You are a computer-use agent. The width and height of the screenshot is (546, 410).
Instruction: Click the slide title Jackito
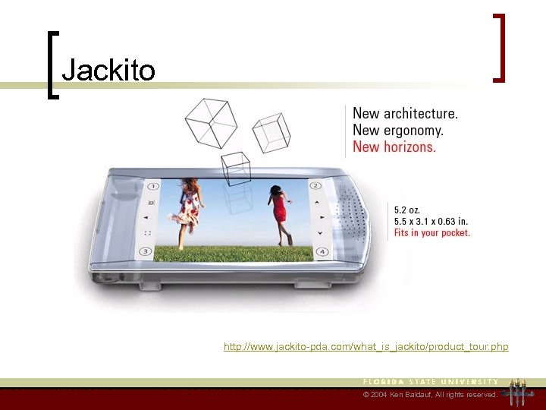108,71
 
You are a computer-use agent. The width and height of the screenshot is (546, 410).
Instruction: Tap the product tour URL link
366,347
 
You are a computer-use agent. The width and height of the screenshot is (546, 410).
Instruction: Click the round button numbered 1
152,186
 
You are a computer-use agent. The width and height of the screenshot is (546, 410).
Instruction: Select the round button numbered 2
315,186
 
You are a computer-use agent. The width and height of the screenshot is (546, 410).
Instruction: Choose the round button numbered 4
322,251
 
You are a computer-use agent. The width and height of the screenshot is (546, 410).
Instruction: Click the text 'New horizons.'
394,147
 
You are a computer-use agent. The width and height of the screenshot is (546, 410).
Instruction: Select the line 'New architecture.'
405,113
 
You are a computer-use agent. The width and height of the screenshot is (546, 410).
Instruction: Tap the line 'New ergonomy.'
398,130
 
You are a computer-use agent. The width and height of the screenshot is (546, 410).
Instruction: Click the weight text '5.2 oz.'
406,209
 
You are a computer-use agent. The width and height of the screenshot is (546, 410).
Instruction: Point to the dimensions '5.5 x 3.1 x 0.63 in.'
431,221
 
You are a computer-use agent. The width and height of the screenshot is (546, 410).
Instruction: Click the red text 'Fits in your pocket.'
431,233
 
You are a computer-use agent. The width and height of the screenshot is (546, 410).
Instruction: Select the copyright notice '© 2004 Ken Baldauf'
430,395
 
